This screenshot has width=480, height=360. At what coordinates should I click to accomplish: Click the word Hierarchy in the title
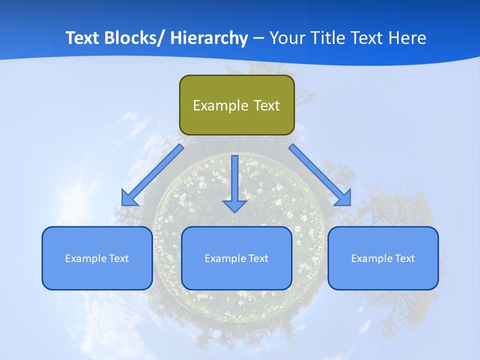pyautogui.click(x=209, y=38)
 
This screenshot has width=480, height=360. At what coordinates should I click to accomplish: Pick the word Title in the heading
pyautogui.click(x=331, y=38)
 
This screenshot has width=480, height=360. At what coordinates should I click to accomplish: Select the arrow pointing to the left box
pyautogui.click(x=152, y=175)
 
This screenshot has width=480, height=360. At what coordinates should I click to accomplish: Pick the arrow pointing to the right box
pyautogui.click(x=320, y=175)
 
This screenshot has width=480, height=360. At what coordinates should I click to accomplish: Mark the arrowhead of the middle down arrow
pyautogui.click(x=234, y=205)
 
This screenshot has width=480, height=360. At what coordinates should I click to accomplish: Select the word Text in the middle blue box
pyautogui.click(x=258, y=258)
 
